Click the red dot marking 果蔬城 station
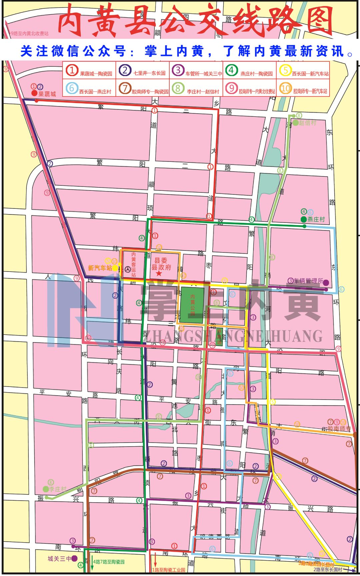tap(34, 93)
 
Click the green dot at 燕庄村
tap(303, 219)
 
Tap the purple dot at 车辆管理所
tap(326, 282)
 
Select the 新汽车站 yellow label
tap(100, 268)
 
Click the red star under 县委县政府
tap(159, 273)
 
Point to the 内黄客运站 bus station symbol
tap(128, 269)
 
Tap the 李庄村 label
tap(58, 489)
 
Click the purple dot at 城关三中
tap(74, 558)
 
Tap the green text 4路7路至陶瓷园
tap(109, 562)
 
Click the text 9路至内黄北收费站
tap(29, 34)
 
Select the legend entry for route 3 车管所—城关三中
tap(196, 71)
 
